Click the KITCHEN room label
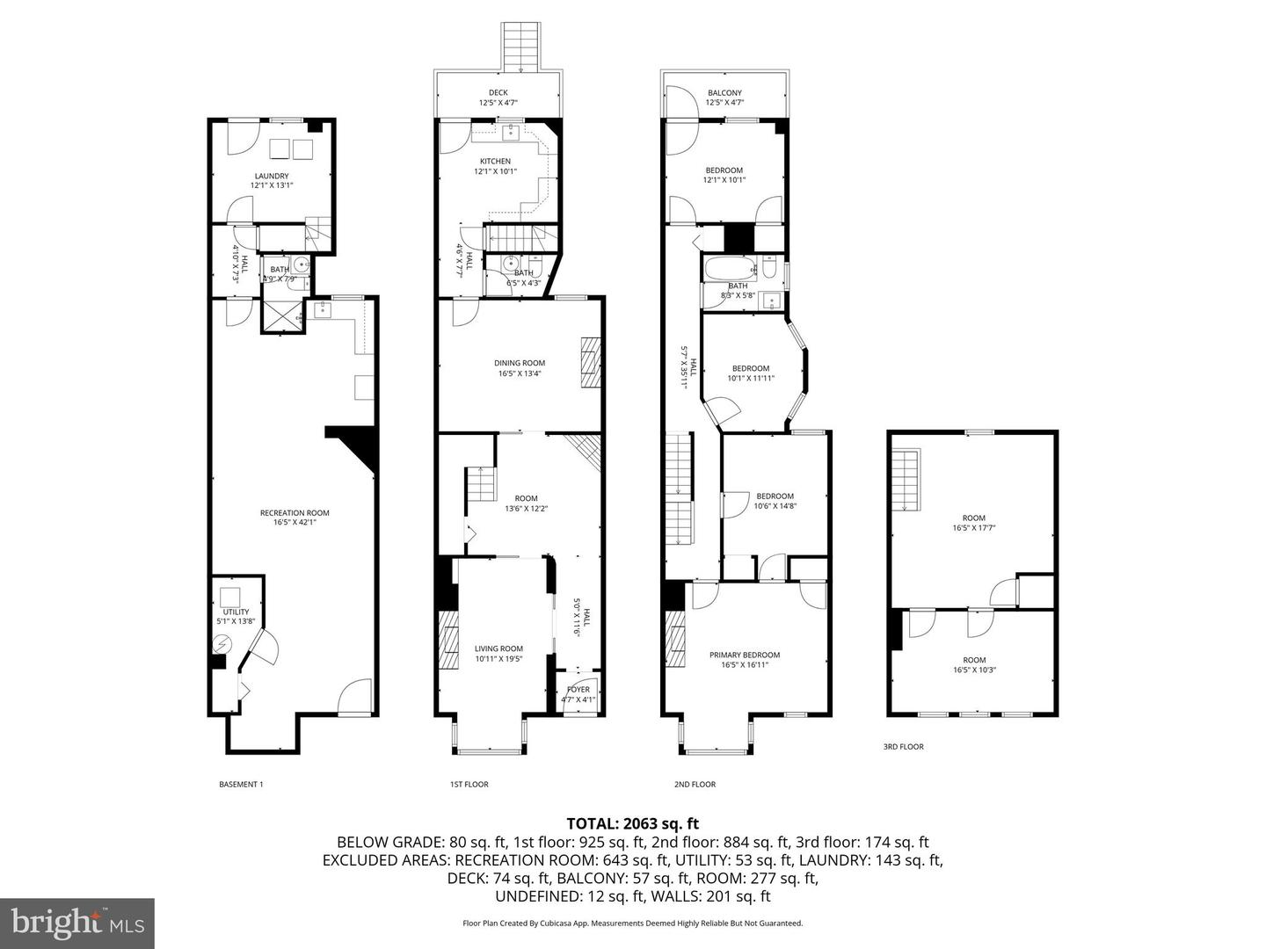click(494, 162)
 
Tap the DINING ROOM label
click(520, 363)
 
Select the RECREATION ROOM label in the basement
click(295, 513)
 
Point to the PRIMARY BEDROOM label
click(745, 656)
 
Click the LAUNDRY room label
click(271, 176)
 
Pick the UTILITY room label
click(236, 612)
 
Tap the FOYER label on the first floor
click(578, 690)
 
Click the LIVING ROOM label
click(498, 649)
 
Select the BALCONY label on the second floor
click(724, 93)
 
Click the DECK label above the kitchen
click(498, 93)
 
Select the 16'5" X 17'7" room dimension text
click(973, 528)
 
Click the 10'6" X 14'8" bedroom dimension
click(775, 506)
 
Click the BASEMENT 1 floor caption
click(241, 785)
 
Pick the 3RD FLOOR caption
click(903, 747)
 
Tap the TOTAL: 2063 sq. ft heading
click(632, 823)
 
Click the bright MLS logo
click(77, 924)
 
